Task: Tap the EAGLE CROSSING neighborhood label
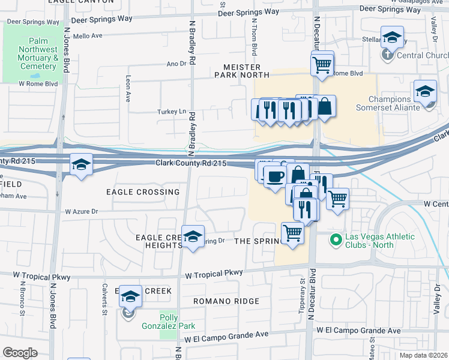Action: pyautogui.click(x=143, y=192)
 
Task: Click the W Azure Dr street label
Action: pyautogui.click(x=81, y=211)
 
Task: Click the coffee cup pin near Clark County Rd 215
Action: pyautogui.click(x=275, y=178)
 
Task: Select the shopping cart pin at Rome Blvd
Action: pyautogui.click(x=322, y=64)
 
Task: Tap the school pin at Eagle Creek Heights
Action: pyautogui.click(x=193, y=238)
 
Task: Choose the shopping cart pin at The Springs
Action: pyautogui.click(x=292, y=233)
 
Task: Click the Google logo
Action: pyautogui.click(x=20, y=352)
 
